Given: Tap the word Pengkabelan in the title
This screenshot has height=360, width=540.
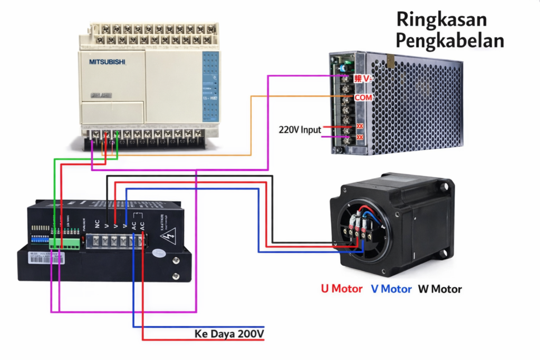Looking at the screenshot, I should point(449,41).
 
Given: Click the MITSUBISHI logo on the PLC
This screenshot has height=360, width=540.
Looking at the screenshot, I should point(107,62).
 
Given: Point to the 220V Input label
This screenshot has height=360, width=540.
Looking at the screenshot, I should point(300,129).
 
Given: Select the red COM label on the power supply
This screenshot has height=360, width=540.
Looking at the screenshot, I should point(363,98).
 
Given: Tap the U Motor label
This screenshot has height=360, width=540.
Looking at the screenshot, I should point(342,289).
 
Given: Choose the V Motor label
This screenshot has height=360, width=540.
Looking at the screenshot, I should point(391,289).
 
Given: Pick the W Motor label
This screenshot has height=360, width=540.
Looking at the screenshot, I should point(440,289).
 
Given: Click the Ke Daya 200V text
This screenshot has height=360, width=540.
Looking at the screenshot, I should point(229,334).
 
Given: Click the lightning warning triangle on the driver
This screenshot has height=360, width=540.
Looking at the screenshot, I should point(170,237).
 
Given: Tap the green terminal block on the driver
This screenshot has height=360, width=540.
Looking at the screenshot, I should point(65,244).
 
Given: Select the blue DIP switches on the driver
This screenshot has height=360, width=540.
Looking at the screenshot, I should point(40,238).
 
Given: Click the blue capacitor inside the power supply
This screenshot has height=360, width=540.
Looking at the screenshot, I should point(345,68).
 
